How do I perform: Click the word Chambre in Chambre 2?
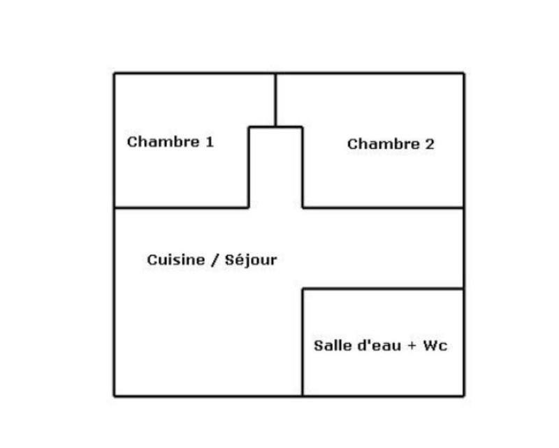382,145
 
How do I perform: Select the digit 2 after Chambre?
429,145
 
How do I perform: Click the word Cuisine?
176,260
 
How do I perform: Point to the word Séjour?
251,261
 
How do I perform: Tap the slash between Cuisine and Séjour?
215,260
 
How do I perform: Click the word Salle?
330,346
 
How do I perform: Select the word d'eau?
378,346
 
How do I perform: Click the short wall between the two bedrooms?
275,100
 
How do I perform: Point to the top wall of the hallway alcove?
275,127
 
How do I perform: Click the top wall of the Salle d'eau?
383,289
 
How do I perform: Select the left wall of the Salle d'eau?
303,342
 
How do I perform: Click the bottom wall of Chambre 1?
182,208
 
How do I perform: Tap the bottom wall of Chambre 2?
383,208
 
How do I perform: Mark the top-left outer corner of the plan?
115,73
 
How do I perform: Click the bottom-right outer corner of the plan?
463,396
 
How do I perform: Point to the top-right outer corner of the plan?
463,73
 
